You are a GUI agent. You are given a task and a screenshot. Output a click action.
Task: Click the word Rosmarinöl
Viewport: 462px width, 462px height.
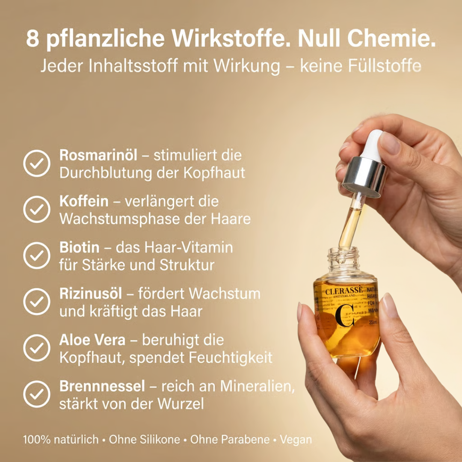[x=98, y=155]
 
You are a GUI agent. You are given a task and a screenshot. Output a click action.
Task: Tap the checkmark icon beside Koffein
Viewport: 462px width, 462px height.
[x=36, y=209]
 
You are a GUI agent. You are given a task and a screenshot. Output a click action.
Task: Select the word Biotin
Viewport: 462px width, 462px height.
[x=80, y=248]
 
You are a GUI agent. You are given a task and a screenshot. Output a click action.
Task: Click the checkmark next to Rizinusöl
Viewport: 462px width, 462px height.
[x=36, y=302]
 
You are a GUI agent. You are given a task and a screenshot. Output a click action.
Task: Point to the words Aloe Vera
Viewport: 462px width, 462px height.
[x=92, y=340]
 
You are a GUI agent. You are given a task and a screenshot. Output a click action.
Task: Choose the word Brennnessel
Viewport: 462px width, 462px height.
[x=102, y=386]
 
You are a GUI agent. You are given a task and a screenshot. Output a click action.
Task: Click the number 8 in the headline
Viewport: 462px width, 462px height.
[x=33, y=38]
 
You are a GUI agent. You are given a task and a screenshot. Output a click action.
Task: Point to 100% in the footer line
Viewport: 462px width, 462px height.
[x=36, y=439]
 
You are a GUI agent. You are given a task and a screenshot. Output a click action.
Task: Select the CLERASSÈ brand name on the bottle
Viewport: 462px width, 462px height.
[x=344, y=291]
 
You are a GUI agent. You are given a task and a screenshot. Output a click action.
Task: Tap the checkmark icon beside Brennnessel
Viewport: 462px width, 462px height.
[x=36, y=394]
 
